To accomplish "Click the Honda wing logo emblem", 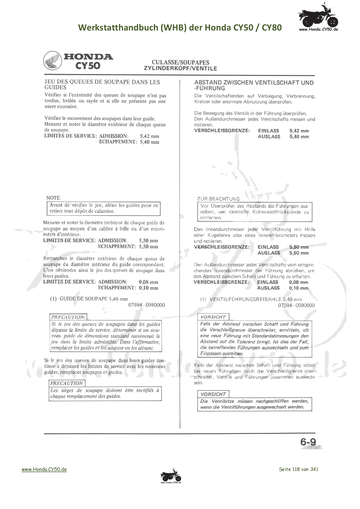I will pyautogui.click(x=53, y=61).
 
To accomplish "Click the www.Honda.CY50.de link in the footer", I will pyautogui.click(x=44, y=469).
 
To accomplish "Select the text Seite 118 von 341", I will pyautogui.click(x=298, y=469).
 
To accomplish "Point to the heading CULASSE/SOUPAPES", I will pyautogui.click(x=180, y=62).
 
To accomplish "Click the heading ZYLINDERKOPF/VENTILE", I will pyautogui.click(x=180, y=68).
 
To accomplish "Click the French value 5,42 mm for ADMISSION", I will pyautogui.click(x=149, y=136).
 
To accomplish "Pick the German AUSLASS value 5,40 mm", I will pyautogui.click(x=299, y=137).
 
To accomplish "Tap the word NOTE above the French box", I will pyautogui.click(x=53, y=198).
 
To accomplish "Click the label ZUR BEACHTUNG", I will pyautogui.click(x=218, y=199).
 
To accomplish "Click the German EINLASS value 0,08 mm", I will pyautogui.click(x=298, y=282).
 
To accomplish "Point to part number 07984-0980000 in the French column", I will pyautogui.click(x=147, y=305).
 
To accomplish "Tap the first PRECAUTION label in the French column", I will pyautogui.click(x=68, y=317).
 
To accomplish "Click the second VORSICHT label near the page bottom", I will pyautogui.click(x=213, y=394).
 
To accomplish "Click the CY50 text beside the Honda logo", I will pyautogui.click(x=88, y=66).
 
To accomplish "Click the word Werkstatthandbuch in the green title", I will pyautogui.click(x=118, y=28).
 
